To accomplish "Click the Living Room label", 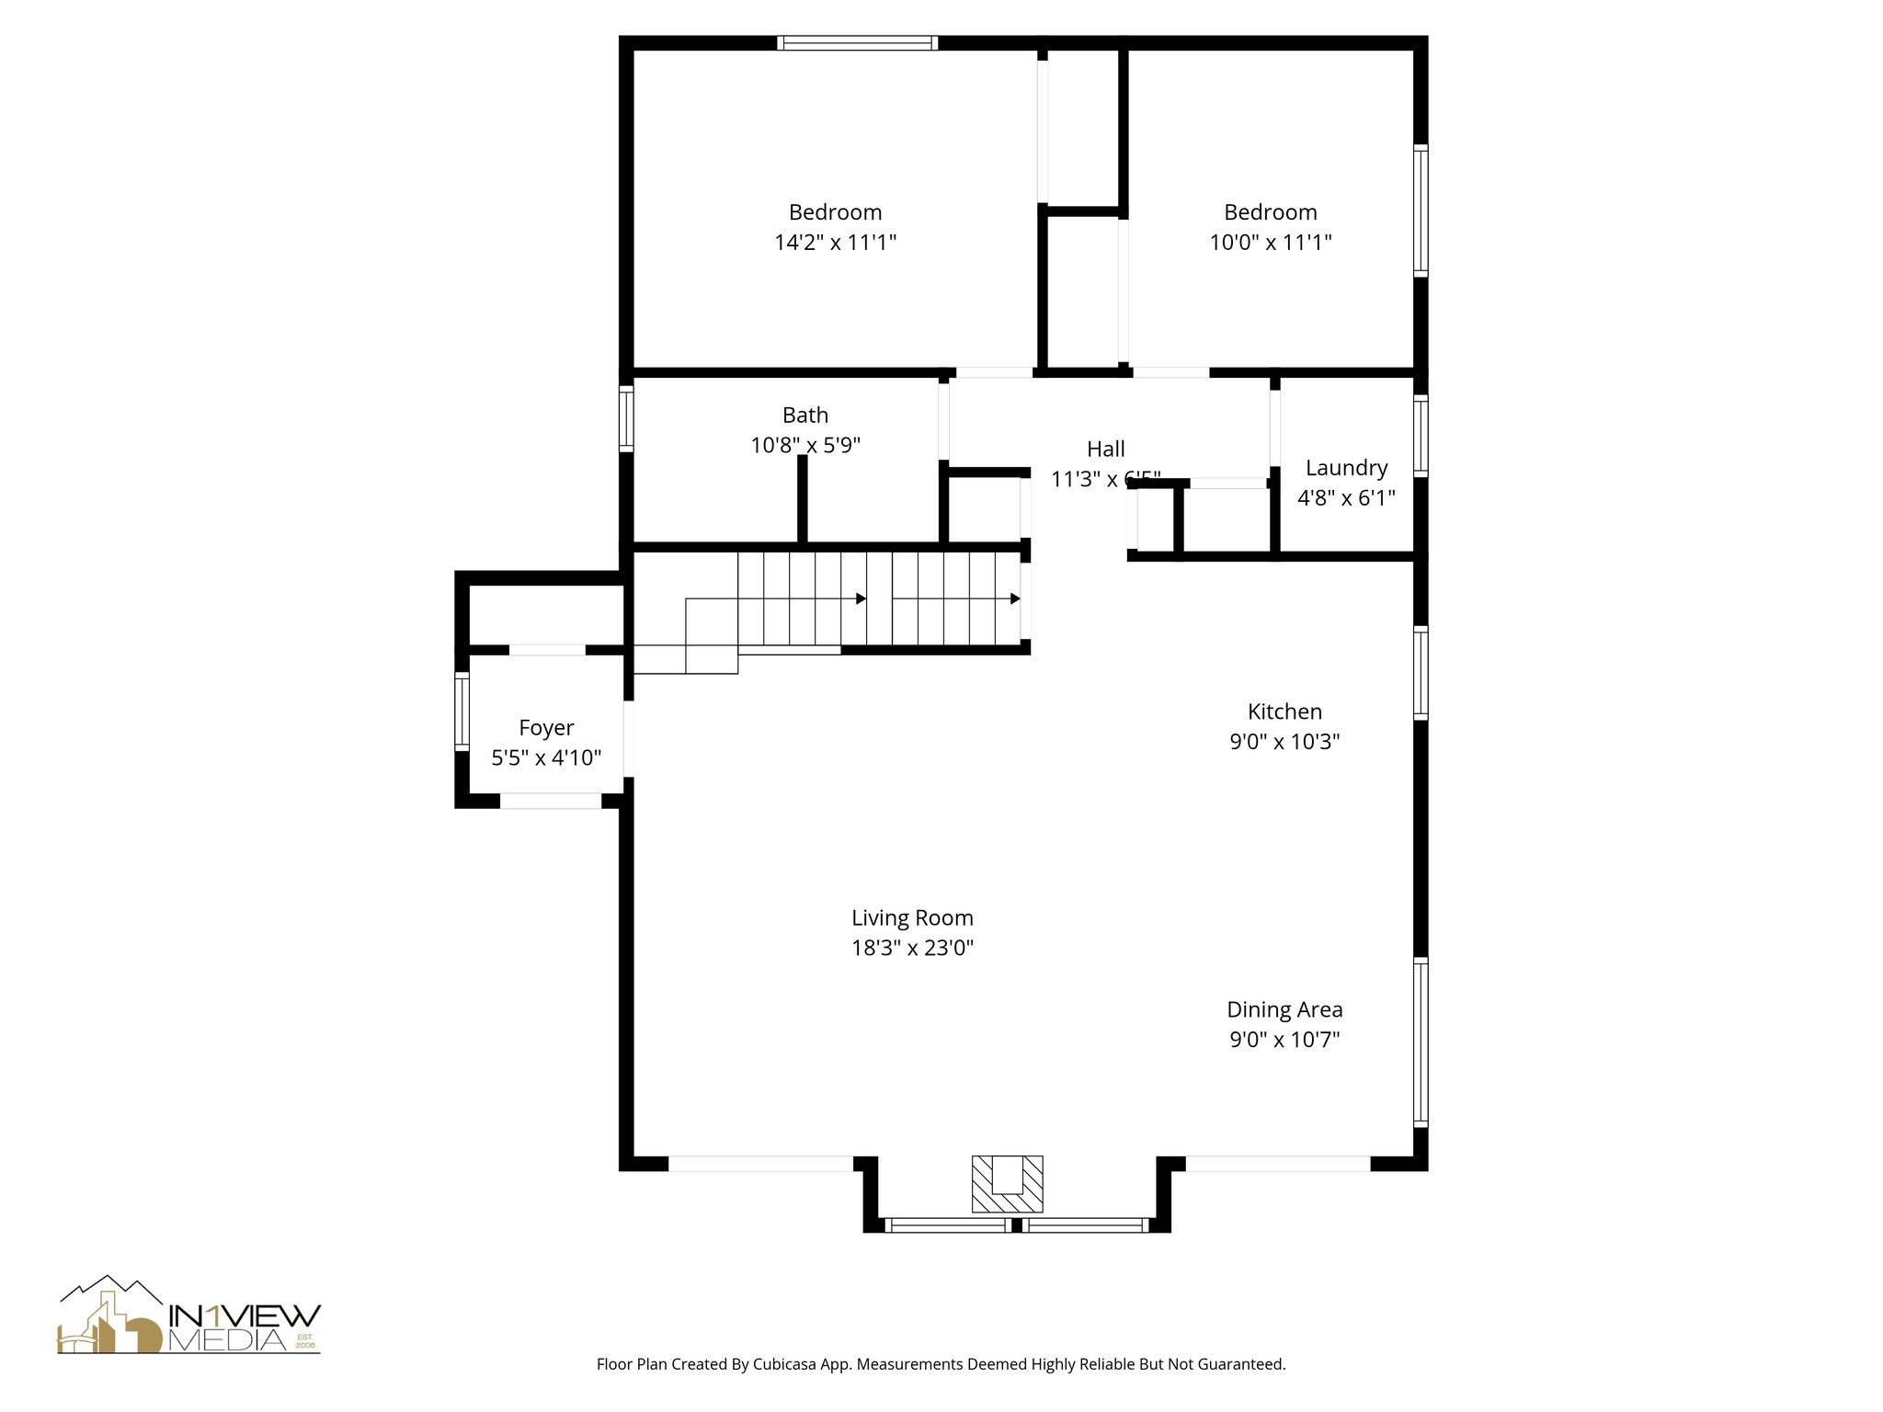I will pos(912,917).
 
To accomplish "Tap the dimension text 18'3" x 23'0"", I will pos(912,948).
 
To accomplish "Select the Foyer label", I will pos(546,728).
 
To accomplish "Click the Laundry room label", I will pos(1346,468).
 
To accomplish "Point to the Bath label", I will pos(805,415).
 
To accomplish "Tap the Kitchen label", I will pos(1284,712).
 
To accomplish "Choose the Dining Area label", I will pos(1284,1009).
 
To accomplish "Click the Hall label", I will pos(1105,449).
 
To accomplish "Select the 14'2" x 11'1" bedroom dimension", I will pos(835,243).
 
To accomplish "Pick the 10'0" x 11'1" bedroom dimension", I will pos(1270,243).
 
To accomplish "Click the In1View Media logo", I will pos(189,1315).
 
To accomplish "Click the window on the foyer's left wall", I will pos(462,712).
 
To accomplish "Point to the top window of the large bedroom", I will pos(857,42).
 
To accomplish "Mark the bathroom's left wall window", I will pos(626,418).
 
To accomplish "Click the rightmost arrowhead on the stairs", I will pos(1015,598).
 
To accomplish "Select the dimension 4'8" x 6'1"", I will pos(1346,498).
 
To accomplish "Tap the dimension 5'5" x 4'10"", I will pos(546,758).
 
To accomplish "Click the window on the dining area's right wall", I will pos(1421,1042).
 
